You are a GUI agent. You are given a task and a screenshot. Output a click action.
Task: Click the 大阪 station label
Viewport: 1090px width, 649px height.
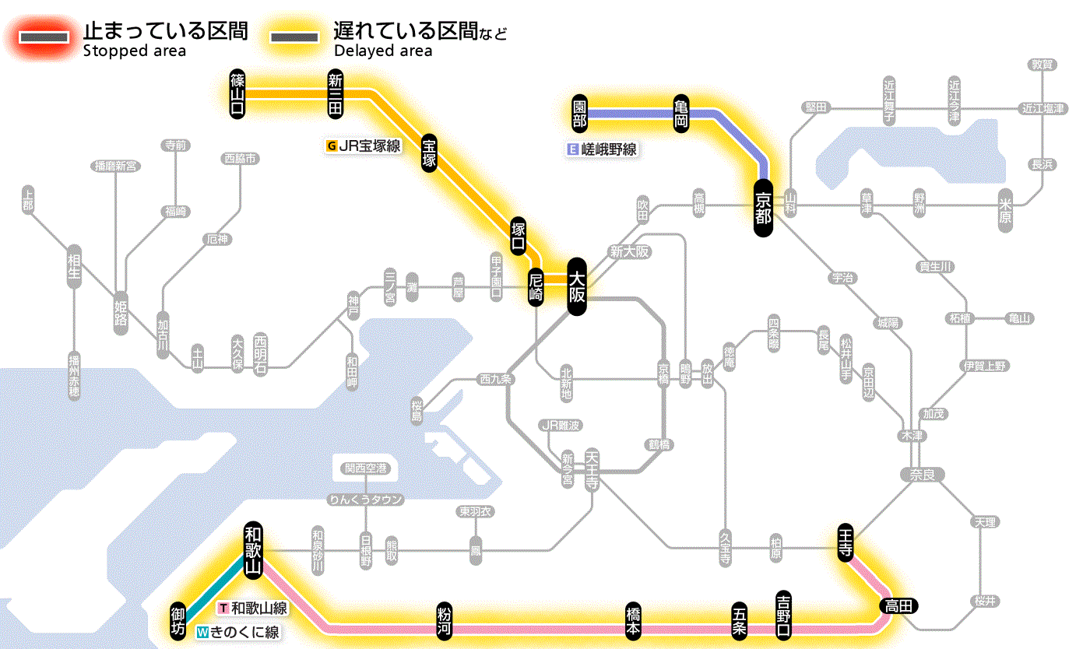[x=576, y=286]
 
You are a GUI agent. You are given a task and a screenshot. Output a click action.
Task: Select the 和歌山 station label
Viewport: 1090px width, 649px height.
[x=252, y=549]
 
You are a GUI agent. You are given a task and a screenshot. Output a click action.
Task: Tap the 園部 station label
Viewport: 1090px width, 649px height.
[x=579, y=114]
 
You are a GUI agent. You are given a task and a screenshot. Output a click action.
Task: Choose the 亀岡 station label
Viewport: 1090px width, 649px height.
[x=683, y=114]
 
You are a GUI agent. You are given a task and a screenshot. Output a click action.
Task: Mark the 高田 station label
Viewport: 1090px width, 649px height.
[x=899, y=605]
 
